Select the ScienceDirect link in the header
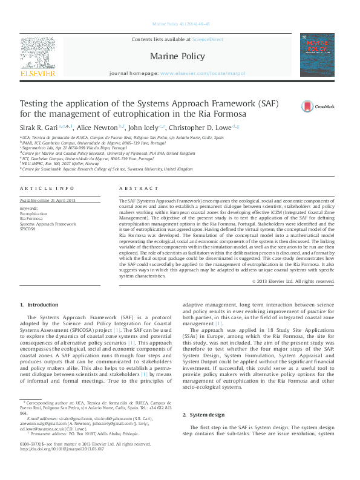[x=207, y=39]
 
